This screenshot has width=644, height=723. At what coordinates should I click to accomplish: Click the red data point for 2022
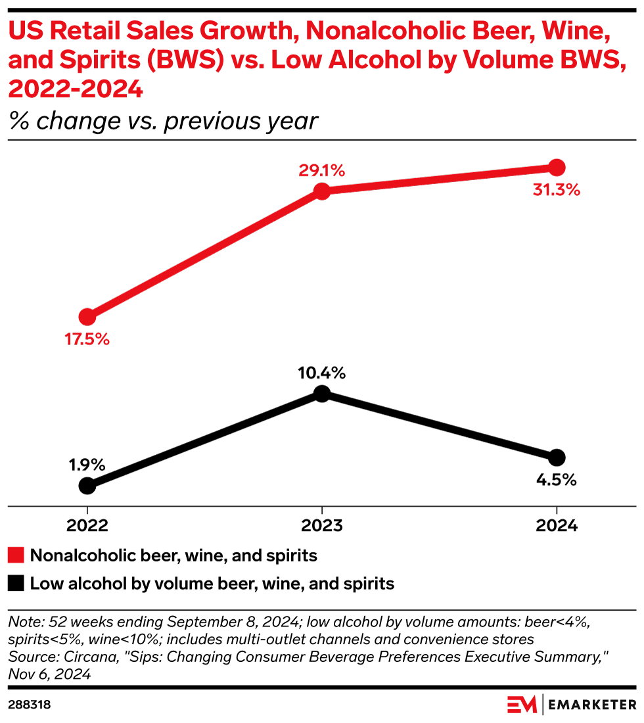pos(87,317)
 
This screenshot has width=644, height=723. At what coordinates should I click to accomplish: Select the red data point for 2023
pos(321,191)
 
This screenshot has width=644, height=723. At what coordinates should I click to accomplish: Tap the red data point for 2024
pos(557,167)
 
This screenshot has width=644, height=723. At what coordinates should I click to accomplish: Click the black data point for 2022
pos(87,486)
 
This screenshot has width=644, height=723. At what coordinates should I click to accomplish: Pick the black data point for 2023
pos(321,394)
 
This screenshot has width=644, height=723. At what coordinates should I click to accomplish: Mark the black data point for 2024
pos(557,457)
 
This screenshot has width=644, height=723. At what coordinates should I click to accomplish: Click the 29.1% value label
pos(322,171)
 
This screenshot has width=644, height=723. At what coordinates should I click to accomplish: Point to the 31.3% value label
pos(557,190)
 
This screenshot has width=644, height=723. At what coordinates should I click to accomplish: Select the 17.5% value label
pos(87,340)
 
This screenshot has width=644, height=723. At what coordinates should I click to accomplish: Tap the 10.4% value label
pos(322,373)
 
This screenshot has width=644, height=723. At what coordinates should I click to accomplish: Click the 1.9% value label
pos(87,465)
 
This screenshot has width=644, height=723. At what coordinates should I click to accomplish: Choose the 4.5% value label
pos(556,480)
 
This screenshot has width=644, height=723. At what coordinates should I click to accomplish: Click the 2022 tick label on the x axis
pos(87,526)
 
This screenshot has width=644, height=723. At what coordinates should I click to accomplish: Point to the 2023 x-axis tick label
pos(321,526)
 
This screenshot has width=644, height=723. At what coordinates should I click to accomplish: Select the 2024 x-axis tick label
pos(557,526)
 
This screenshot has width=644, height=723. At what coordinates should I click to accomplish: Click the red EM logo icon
pos(522,705)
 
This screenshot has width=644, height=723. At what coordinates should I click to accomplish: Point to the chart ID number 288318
pos(29,705)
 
